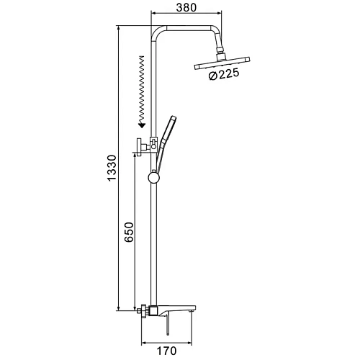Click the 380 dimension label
pos(186,8)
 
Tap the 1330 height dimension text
pos(112,168)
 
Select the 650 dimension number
pos(129,232)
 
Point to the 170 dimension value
pos(166,351)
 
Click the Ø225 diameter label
pos(224,74)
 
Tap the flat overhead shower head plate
pos(222,63)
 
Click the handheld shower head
pos(166,143)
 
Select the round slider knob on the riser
pos(153,177)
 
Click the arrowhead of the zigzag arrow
pos(142,125)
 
